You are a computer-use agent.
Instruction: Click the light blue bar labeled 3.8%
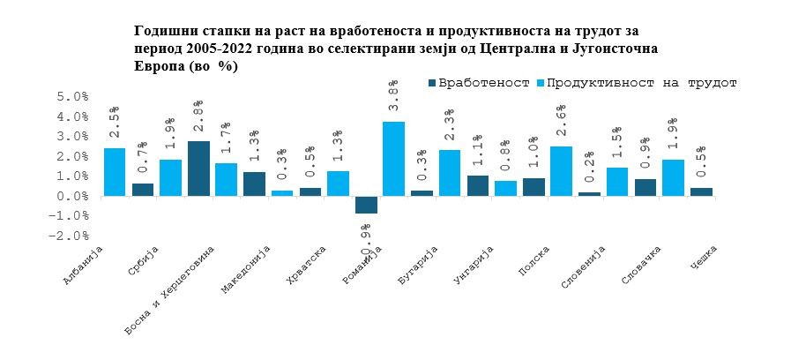point(393,159)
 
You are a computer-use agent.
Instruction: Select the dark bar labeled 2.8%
point(198,169)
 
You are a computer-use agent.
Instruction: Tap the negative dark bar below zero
point(366,205)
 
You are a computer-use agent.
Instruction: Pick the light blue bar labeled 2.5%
point(115,172)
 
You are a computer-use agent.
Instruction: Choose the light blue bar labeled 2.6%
point(561,171)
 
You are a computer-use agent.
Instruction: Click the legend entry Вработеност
point(477,82)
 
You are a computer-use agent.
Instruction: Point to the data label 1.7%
point(227,135)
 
